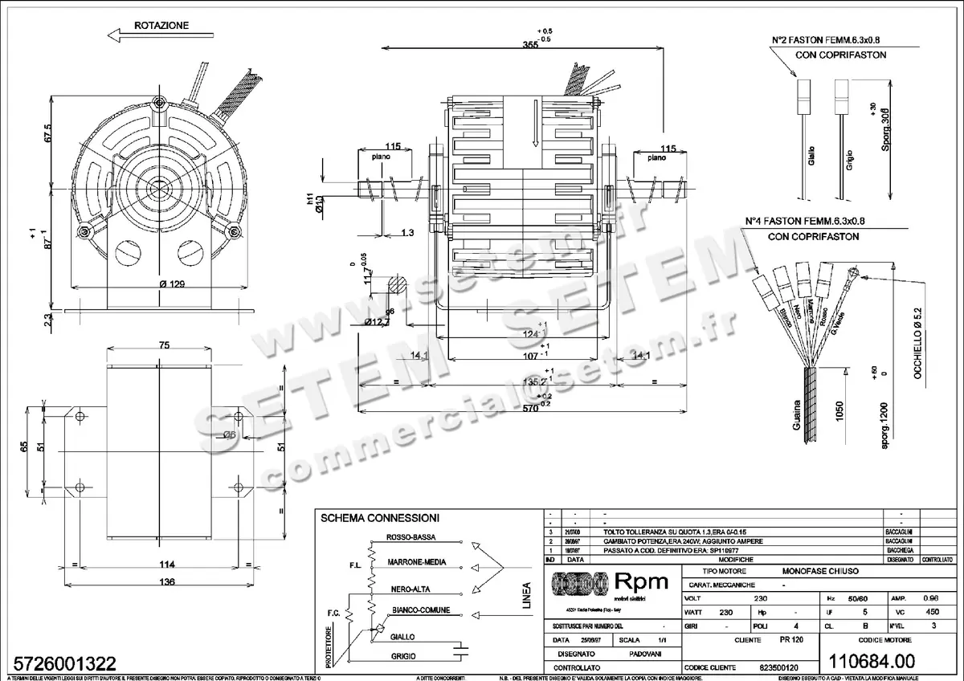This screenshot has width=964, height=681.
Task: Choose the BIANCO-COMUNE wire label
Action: pos(420,610)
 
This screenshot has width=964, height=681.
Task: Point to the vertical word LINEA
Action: pos(527,595)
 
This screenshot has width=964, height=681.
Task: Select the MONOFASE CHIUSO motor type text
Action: pos(820,570)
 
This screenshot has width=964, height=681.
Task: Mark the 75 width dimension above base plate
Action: pos(164,345)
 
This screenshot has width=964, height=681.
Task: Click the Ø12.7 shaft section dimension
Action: pos(378,323)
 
